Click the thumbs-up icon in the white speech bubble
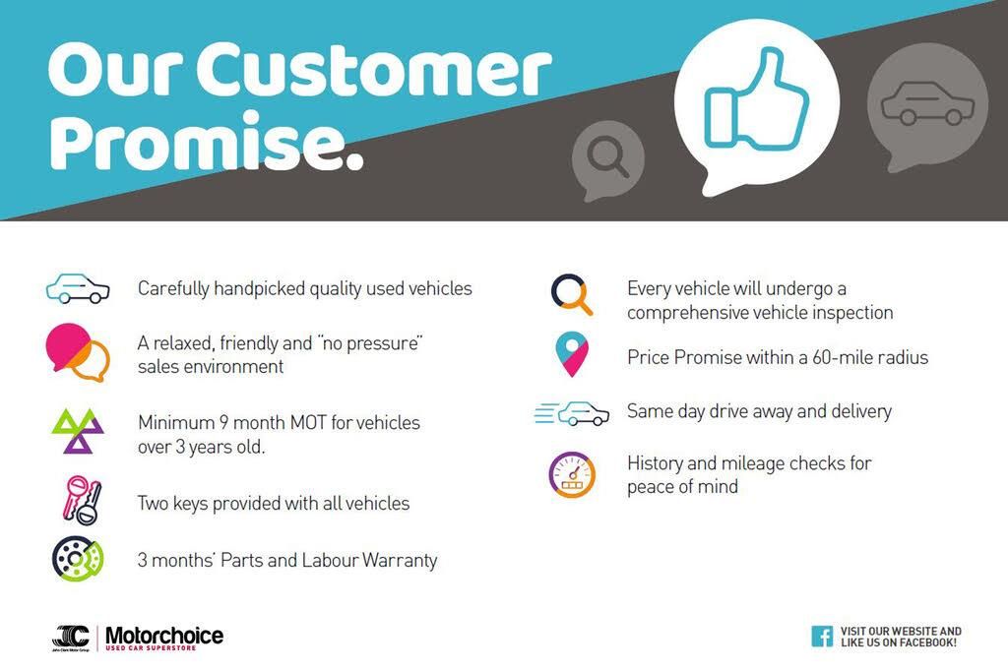pos(756,99)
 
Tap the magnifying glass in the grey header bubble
pos(607,156)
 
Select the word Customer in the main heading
pos(374,69)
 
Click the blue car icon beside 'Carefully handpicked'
pos(78,288)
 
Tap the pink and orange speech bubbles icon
pos(78,352)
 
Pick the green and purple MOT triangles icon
pos(78,431)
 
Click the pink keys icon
pos(83,501)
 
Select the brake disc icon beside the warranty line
pos(78,559)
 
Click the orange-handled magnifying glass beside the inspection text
pos(572,295)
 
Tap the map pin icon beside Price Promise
pos(572,354)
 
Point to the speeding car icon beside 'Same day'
pos(572,413)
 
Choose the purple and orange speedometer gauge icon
pos(572,475)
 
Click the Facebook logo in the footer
pos(822,637)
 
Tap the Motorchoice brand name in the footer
pos(164,636)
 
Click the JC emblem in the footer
pos(71,636)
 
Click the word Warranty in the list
pos(400,560)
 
